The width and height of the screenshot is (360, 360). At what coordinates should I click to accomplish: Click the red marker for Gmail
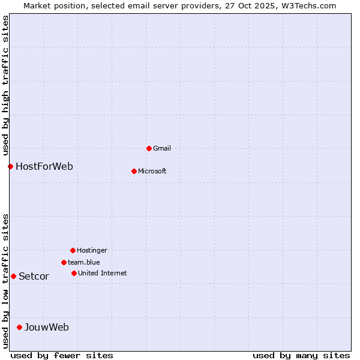tap(149, 148)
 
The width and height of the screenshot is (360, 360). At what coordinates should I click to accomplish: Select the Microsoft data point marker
tap(134, 171)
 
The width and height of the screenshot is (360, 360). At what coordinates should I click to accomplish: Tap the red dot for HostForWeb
tap(10, 166)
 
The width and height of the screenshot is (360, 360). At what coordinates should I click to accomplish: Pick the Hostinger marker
tap(73, 250)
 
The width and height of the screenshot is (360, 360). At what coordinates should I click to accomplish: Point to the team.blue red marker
tap(64, 262)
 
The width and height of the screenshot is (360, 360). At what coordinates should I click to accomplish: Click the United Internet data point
tap(74, 273)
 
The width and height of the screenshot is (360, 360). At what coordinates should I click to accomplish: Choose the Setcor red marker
tap(13, 276)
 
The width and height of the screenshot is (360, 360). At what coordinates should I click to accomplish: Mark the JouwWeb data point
tap(19, 327)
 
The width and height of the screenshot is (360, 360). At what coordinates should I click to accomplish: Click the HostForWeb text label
tap(44, 166)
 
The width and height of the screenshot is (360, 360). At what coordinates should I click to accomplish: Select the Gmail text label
tap(162, 148)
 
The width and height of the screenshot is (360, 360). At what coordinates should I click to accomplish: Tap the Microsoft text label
tap(152, 171)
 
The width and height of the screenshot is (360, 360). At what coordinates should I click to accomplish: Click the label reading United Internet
tap(103, 273)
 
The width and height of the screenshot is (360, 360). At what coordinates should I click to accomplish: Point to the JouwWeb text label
tap(47, 327)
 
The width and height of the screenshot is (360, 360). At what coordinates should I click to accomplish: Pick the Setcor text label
tap(34, 276)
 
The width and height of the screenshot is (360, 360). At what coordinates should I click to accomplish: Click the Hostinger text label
tap(92, 250)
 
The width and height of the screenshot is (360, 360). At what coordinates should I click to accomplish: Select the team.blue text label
tap(84, 262)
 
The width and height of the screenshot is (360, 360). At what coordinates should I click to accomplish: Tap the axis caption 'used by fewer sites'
tap(62, 355)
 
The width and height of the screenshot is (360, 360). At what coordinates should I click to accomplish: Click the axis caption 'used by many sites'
tap(301, 355)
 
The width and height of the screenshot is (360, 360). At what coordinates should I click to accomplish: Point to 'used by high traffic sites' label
tap(5, 85)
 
